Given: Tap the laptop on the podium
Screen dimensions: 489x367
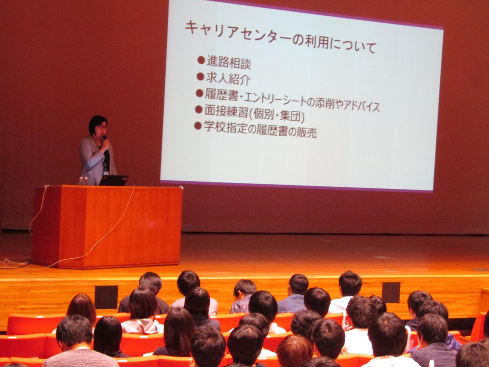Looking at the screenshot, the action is pyautogui.click(x=114, y=180).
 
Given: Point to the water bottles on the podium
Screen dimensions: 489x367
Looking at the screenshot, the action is pyautogui.click(x=83, y=181).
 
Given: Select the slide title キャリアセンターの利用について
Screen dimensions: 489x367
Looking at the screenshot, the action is pyautogui.click(x=280, y=37).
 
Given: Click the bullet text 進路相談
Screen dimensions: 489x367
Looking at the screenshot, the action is pyautogui.click(x=229, y=62).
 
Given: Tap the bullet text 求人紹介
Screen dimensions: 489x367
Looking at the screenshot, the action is pyautogui.click(x=228, y=78).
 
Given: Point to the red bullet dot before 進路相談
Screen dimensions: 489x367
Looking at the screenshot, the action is pyautogui.click(x=201, y=60).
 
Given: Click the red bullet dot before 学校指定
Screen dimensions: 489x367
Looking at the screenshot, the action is pyautogui.click(x=198, y=125).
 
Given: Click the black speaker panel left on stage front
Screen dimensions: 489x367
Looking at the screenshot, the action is pyautogui.click(x=106, y=297).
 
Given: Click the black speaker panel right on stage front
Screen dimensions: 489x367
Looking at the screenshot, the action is pyautogui.click(x=391, y=292).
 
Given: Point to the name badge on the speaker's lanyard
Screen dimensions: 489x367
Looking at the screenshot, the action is pyautogui.click(x=107, y=173).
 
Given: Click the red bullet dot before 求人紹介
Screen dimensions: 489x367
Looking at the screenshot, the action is pyautogui.click(x=200, y=77).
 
